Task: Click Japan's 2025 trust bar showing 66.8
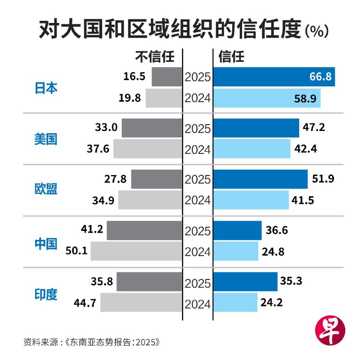pos(274,77)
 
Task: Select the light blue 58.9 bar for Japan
pos(267,98)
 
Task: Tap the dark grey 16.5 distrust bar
pos(167,77)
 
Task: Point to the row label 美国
pos(46,139)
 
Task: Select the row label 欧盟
pos(46,189)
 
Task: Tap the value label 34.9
pos(103,200)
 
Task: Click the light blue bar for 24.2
pos(235,302)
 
